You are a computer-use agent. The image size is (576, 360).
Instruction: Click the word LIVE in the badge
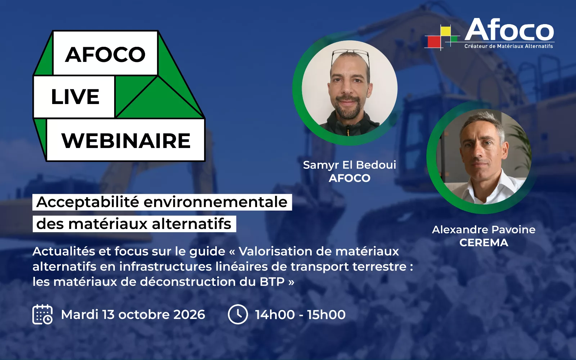click(x=75, y=97)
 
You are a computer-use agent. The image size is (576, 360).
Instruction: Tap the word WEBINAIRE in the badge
click(x=126, y=141)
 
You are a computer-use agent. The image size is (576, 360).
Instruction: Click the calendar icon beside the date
click(x=42, y=314)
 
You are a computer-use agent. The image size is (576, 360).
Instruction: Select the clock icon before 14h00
click(x=238, y=314)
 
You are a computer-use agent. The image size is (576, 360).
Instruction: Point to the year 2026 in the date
click(x=189, y=315)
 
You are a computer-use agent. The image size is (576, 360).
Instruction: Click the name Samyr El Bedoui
click(x=350, y=165)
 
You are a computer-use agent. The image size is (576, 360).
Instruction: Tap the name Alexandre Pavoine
click(x=484, y=230)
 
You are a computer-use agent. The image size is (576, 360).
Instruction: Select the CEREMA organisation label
click(x=484, y=243)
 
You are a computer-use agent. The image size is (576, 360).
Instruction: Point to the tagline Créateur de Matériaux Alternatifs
click(x=508, y=46)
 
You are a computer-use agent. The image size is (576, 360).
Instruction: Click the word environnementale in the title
click(x=216, y=202)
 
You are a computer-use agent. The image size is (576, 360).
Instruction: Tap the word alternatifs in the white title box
click(x=192, y=224)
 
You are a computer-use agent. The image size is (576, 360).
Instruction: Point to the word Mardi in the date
click(x=80, y=315)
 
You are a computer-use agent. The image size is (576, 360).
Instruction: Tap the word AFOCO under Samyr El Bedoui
click(x=350, y=178)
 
